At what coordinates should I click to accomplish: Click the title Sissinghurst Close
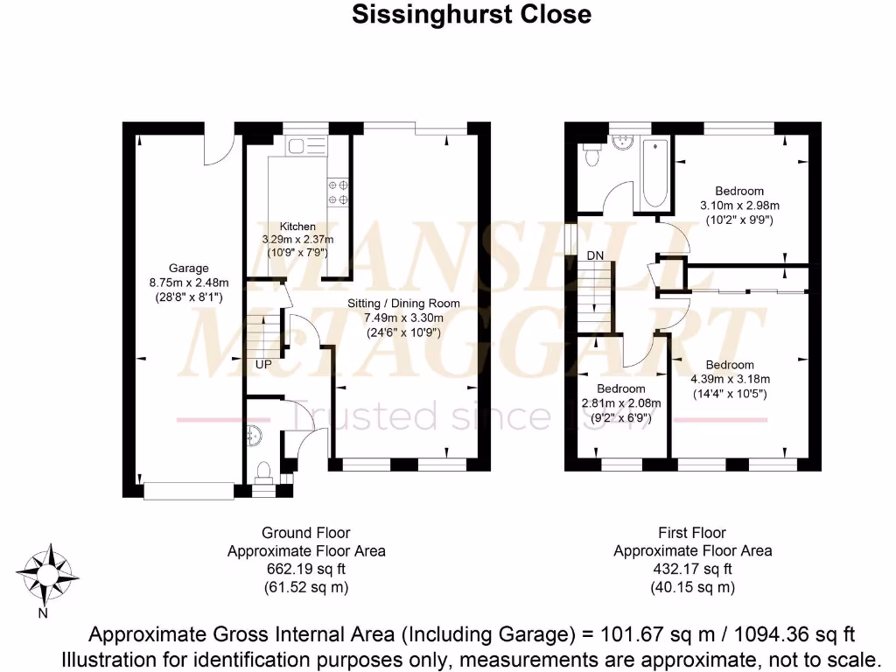pos(472,14)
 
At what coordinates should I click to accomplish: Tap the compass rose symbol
pos(47,574)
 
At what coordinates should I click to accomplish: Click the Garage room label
pos(189,268)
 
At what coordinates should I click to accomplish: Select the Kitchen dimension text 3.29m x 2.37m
pos(297,240)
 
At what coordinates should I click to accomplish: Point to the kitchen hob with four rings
pos(338,192)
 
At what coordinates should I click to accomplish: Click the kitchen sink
pos(307,146)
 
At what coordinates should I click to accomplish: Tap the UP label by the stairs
pos(263,364)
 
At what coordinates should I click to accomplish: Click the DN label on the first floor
pos(595,255)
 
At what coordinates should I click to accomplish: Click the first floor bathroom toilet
pos(591,154)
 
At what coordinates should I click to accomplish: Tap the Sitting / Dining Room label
pos(403,304)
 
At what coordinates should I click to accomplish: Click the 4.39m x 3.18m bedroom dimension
pos(731,379)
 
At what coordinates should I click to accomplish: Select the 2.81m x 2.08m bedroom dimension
pos(621,402)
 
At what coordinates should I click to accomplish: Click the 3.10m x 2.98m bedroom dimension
pos(740,205)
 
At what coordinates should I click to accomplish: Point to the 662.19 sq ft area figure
pos(306,569)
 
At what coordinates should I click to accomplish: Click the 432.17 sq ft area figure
pos(693,569)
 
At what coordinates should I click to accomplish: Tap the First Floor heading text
pos(692,533)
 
